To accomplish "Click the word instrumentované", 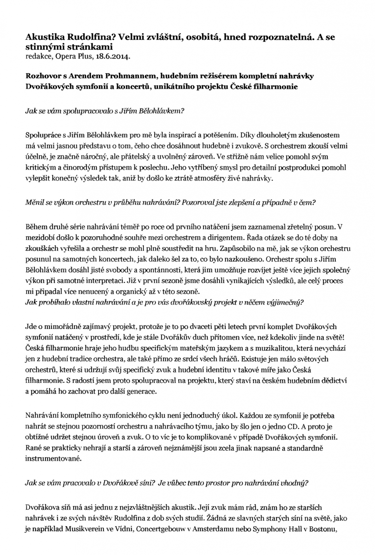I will [x=53, y=458].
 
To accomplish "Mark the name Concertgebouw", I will [x=160, y=529].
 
